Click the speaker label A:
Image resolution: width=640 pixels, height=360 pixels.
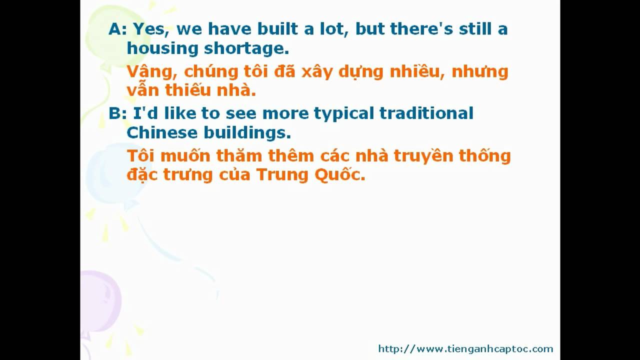[117, 29]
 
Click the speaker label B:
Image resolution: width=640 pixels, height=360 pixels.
[117, 113]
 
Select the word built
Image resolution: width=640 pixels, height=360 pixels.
[277, 28]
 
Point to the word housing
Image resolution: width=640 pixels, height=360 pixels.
[162, 49]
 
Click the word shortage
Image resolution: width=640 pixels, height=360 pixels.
[246, 49]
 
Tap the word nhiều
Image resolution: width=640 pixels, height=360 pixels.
[417, 71]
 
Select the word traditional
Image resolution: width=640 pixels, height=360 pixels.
[426, 113]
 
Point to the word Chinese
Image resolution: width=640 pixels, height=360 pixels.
[162, 133]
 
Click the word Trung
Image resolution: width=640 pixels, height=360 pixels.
[282, 175]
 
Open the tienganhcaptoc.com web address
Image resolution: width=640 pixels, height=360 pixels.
[465, 349]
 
